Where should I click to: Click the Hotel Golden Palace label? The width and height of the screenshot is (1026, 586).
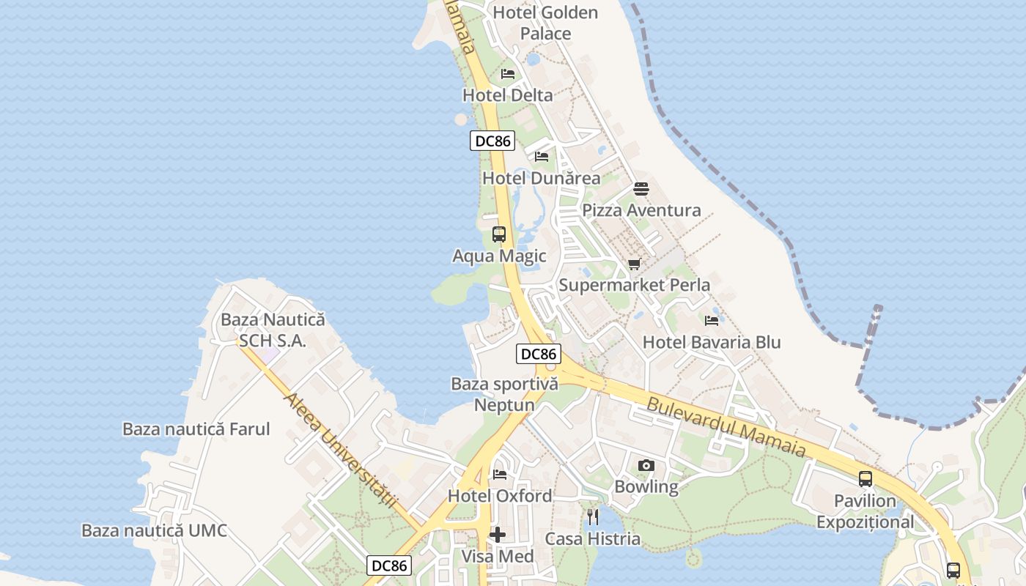point(545,23)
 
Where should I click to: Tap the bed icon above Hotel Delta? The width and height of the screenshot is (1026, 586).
point(508,74)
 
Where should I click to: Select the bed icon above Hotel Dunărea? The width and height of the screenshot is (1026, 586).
point(542,157)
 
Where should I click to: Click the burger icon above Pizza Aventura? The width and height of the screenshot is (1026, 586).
point(641,189)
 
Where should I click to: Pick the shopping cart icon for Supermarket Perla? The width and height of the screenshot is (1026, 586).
point(635,264)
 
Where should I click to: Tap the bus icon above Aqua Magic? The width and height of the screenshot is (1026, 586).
point(499,234)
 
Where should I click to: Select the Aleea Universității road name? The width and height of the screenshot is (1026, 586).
point(341,451)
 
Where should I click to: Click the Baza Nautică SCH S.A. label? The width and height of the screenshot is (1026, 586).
point(273,330)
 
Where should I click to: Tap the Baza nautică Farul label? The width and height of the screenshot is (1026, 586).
point(196,429)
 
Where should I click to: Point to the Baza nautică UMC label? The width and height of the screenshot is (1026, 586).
point(154,531)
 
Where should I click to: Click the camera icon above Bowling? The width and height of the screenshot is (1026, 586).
point(646,466)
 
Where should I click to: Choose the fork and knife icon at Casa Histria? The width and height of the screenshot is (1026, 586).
point(593,517)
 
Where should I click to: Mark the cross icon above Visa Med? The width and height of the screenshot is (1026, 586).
point(498,535)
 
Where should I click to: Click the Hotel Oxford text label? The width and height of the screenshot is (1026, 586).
point(500,496)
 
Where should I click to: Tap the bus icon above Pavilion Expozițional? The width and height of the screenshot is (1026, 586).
point(866,479)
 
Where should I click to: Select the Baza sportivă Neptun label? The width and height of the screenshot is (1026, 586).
point(504,394)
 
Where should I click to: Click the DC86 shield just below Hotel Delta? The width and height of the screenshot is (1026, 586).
point(492,141)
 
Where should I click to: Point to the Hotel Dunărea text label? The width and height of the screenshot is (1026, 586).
point(541,178)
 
